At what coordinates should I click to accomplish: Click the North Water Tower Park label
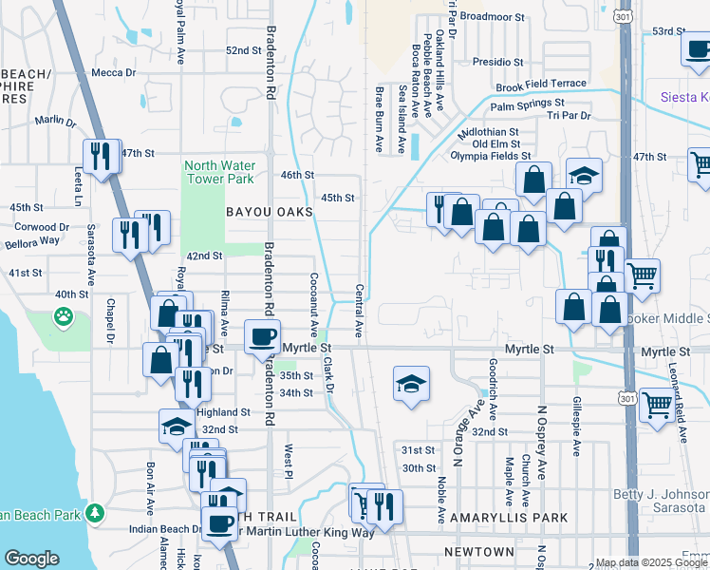pyautogui.click(x=218, y=171)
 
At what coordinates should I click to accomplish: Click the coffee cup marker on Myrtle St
pyautogui.click(x=262, y=336)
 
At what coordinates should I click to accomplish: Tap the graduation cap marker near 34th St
pyautogui.click(x=411, y=384)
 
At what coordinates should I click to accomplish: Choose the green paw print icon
pyautogui.click(x=64, y=316)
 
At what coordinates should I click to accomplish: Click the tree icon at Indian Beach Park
pyautogui.click(x=94, y=514)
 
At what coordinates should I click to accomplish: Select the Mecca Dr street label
pyautogui.click(x=114, y=72)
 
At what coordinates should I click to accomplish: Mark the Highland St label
pyautogui.click(x=223, y=412)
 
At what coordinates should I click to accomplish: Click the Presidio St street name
pyautogui.click(x=498, y=61)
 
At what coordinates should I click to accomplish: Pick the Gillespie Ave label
pyautogui.click(x=575, y=427)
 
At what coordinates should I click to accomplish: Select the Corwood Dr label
pyautogui.click(x=44, y=227)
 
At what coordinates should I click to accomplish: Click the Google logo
pyautogui.click(x=31, y=559)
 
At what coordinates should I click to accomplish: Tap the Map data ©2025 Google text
pyautogui.click(x=651, y=562)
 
